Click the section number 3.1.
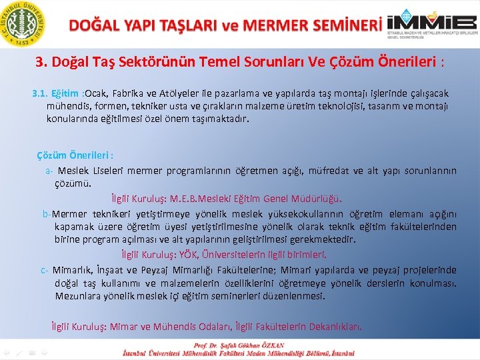click(x=41, y=93)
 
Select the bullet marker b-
click(x=47, y=214)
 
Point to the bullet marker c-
click(x=44, y=270)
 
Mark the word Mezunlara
click(x=77, y=296)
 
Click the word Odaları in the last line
click(x=213, y=327)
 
